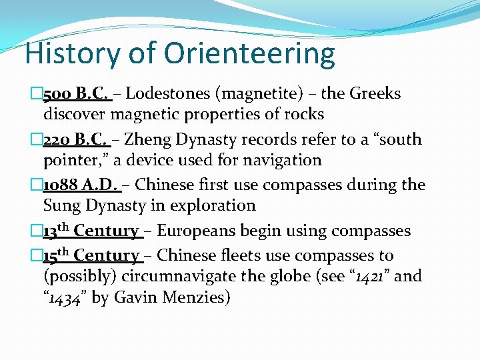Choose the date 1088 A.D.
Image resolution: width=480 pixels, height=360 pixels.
(81, 185)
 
